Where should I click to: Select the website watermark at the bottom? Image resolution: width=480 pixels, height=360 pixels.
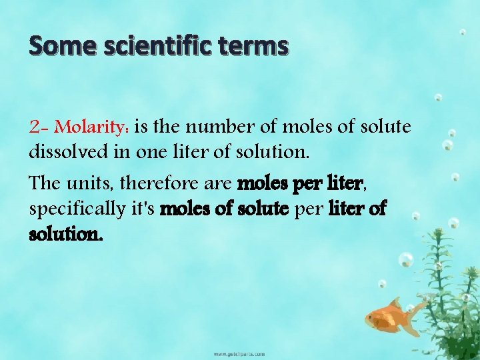pyautogui.click(x=239, y=353)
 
